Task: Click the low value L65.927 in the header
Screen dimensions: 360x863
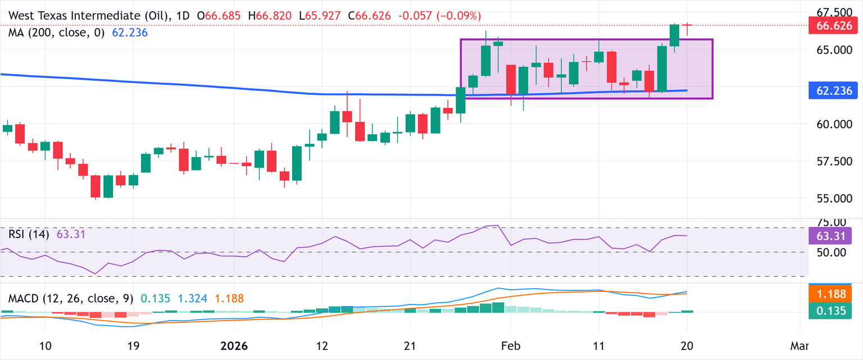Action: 320,16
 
